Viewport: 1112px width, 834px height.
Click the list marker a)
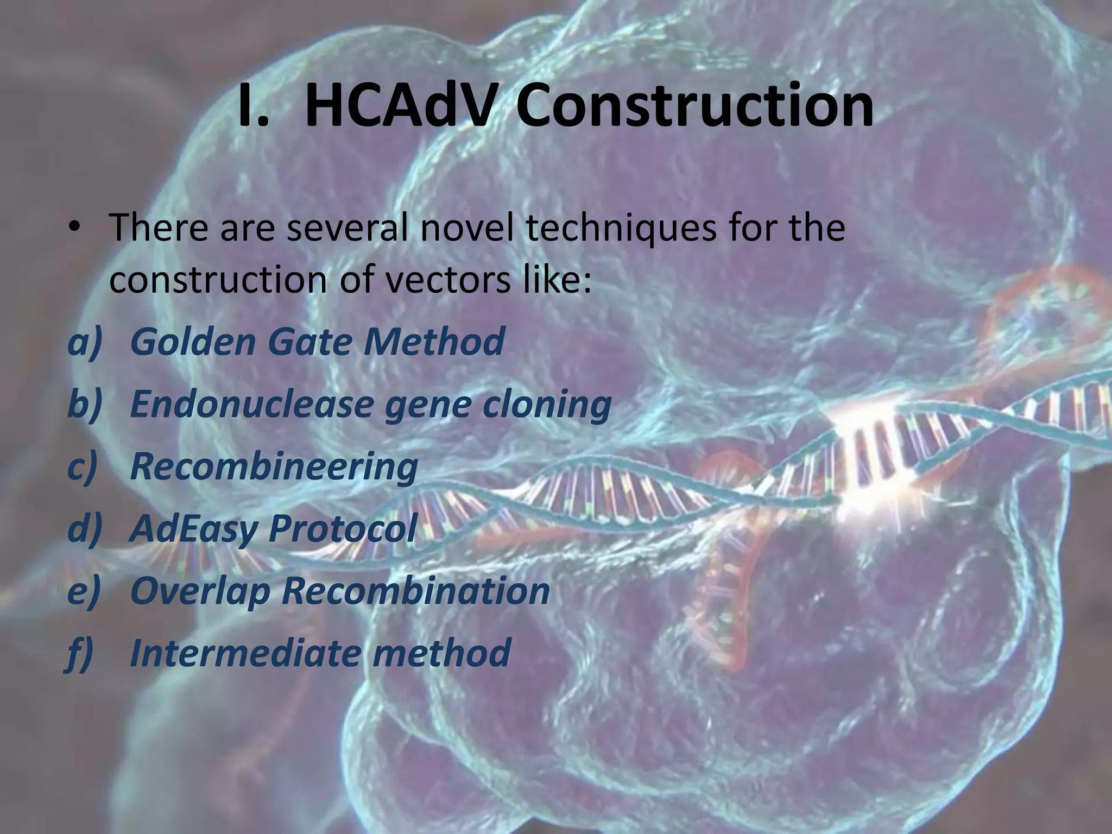pyautogui.click(x=85, y=342)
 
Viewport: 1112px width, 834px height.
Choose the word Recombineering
pyautogui.click(x=274, y=467)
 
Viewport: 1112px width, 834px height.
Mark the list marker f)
pyautogui.click(x=81, y=654)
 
